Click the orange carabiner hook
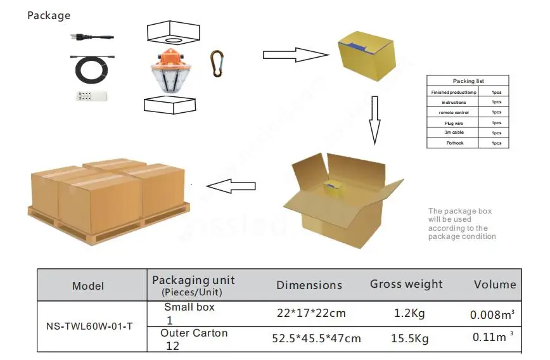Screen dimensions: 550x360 pyautogui.click(x=217, y=63)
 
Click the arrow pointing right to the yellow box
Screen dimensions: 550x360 pyautogui.click(x=295, y=55)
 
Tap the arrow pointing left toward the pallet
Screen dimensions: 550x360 pyautogui.click(x=231, y=186)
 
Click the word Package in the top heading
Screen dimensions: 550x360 pyautogui.click(x=49, y=15)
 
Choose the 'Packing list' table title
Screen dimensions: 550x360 pyautogui.click(x=468, y=81)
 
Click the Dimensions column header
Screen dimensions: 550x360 pyautogui.click(x=309, y=285)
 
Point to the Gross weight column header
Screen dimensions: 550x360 pyautogui.click(x=406, y=284)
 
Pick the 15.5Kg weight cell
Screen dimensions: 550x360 pyautogui.click(x=409, y=339)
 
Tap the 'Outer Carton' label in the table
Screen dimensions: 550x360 pyautogui.click(x=193, y=333)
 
